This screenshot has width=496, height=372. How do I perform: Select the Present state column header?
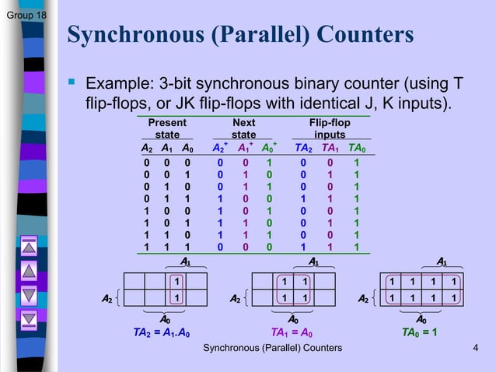(x=166, y=129)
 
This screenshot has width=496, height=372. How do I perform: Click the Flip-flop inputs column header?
(x=330, y=129)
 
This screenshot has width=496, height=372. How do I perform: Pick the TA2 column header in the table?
(x=303, y=148)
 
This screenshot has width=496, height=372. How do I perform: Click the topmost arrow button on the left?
(x=30, y=247)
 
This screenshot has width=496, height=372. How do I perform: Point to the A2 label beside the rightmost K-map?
(x=362, y=298)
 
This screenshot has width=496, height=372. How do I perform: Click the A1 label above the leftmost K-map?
(x=186, y=261)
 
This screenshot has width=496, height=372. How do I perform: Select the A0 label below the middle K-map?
(x=292, y=319)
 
